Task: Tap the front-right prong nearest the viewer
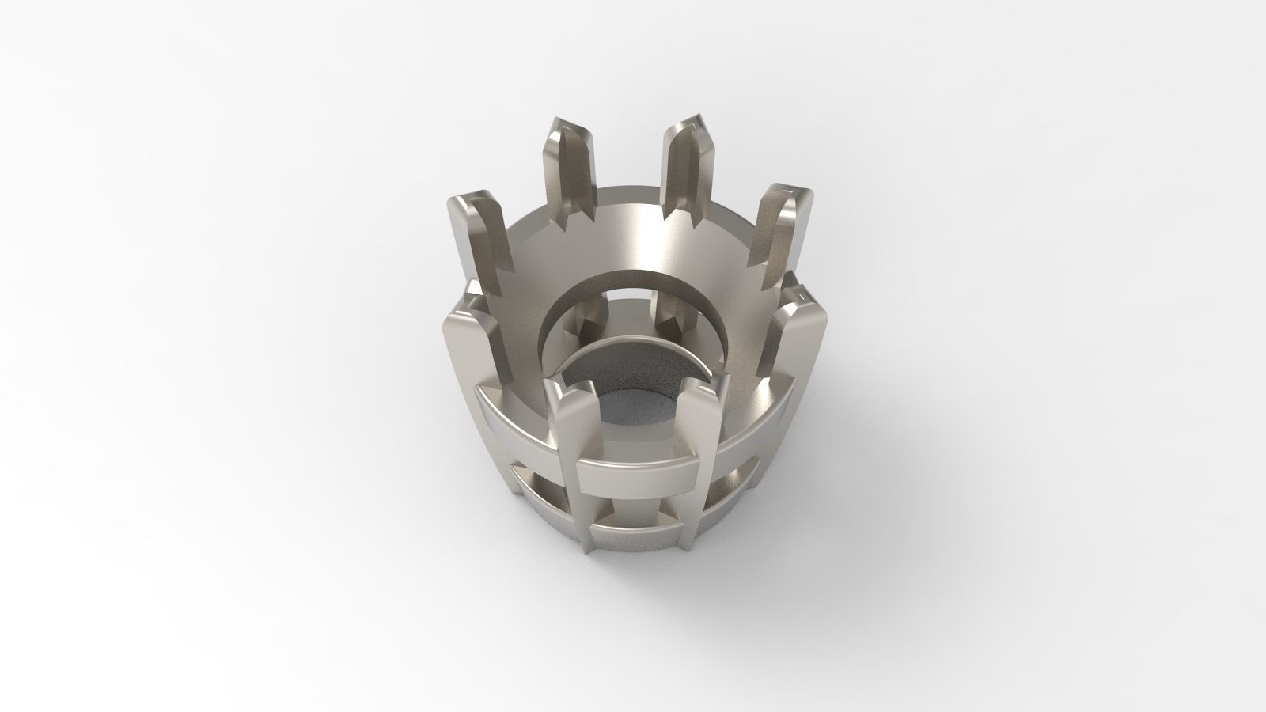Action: click(x=700, y=427)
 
